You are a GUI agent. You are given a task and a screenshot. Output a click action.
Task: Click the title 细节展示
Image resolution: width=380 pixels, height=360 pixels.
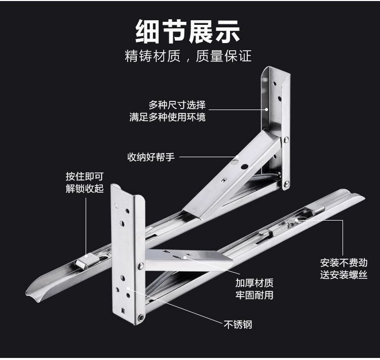188,31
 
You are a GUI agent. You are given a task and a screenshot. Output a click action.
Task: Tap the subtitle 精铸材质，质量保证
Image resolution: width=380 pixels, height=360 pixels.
188,56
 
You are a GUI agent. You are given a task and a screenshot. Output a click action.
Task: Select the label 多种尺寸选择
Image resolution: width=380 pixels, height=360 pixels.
177,105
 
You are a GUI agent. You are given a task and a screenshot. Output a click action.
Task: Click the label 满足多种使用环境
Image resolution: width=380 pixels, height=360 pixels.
167,118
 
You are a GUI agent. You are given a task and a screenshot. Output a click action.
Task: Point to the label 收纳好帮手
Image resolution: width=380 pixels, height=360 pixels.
150,157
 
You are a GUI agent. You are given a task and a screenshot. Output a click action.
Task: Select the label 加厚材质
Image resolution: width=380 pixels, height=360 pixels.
254,282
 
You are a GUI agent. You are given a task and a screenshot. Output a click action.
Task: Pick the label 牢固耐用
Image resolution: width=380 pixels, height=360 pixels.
254,295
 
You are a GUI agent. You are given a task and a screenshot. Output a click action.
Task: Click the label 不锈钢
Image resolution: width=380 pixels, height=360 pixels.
238,324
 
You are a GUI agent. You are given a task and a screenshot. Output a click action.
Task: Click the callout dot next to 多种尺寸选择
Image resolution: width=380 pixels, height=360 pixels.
267,108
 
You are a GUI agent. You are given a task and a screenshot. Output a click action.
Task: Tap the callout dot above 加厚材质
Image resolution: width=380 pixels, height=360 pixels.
187,258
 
